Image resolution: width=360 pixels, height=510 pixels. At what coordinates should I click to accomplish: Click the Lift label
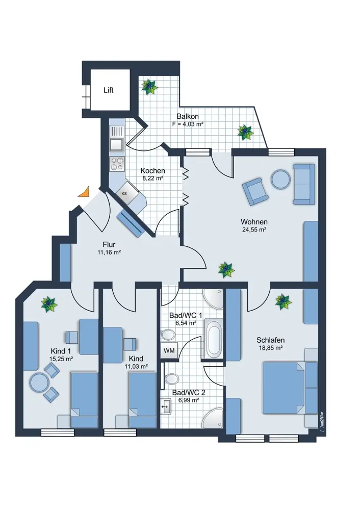pos(108,90)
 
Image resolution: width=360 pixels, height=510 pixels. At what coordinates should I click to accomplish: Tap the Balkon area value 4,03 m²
pos(188,124)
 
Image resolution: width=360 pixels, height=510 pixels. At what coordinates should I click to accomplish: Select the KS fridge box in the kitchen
pos(124,193)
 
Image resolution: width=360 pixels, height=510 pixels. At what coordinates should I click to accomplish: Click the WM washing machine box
pos(169,350)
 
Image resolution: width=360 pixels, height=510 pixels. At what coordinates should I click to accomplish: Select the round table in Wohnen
pos(280,180)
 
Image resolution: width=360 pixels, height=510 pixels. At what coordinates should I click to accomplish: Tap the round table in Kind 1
pos(39,382)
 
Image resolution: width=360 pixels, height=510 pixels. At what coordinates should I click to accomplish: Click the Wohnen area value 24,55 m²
pos(255,229)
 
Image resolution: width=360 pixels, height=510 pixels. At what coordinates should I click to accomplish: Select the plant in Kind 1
pos(49,304)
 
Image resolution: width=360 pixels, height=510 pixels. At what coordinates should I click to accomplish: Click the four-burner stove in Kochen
pos(117,164)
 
